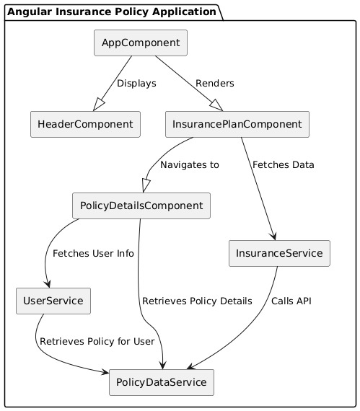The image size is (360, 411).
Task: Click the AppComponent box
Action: click(141, 43)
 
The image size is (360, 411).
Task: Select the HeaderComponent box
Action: click(85, 125)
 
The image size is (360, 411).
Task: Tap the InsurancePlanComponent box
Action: click(237, 125)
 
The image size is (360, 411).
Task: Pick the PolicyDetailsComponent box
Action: click(141, 206)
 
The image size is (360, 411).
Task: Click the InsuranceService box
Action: click(279, 253)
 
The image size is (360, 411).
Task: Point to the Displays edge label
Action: click(136, 84)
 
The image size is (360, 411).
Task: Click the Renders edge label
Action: click(215, 84)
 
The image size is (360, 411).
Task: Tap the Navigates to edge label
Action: click(189, 165)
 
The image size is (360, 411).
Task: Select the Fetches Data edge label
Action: click(283, 165)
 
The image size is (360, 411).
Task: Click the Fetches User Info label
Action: click(93, 254)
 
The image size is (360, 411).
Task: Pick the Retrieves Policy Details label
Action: click(197, 301)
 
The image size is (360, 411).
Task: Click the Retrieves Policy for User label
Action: click(97, 341)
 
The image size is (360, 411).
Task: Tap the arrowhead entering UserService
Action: click(48, 283)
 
